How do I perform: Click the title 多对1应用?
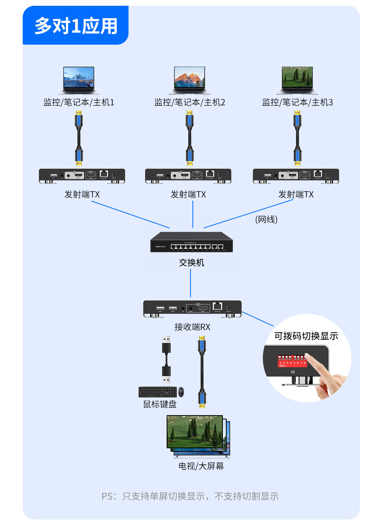[76, 26]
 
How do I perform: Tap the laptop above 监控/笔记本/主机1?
[79, 80]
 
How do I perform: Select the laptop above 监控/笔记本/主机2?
[189, 80]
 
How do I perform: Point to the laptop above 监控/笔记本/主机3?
[297, 80]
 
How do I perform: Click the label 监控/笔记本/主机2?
[189, 102]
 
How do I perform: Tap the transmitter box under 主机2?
[188, 176]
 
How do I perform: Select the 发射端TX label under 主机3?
[296, 194]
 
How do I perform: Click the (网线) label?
[266, 220]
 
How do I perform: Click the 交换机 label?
[191, 263]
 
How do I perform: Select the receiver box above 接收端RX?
[192, 309]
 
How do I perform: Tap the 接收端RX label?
[192, 327]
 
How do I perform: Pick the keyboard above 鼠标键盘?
[157, 392]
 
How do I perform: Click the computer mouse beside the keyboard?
[181, 392]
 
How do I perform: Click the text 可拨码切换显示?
[306, 336]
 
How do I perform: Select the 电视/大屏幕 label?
[201, 466]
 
